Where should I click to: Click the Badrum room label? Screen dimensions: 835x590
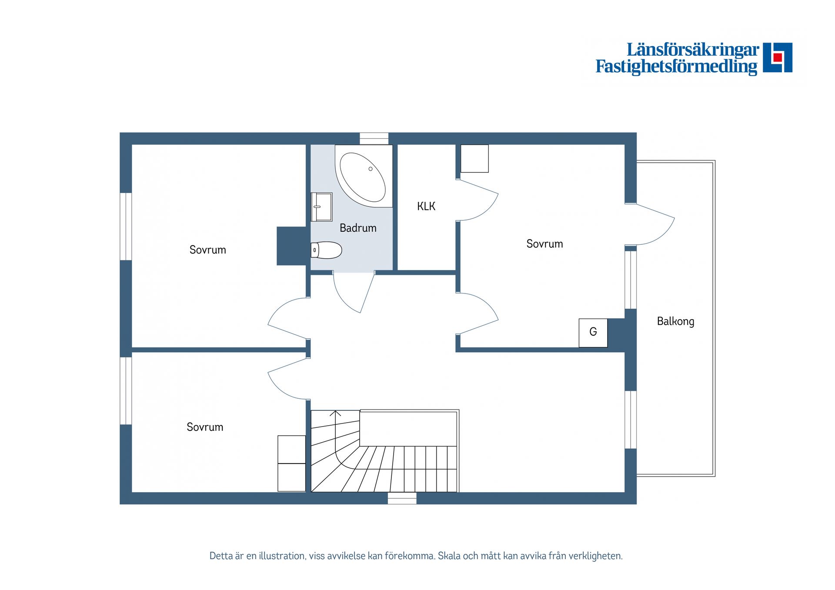coord(358,228)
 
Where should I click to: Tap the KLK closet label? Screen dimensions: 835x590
coord(426,206)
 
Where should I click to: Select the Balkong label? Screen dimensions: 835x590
coord(675,321)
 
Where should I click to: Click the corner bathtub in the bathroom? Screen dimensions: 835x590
coord(364,176)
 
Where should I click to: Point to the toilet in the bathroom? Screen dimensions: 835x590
coord(326,250)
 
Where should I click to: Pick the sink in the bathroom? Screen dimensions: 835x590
coord(321,207)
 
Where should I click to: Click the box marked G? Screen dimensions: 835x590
coord(593,333)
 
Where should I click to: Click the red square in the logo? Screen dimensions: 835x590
coord(778,57)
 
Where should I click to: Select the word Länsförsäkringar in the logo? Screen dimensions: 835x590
coord(693,50)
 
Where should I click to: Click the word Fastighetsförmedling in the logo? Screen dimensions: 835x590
coord(676,67)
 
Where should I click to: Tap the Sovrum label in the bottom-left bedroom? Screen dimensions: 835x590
coord(205,427)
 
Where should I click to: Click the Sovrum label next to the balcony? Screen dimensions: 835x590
coord(544,243)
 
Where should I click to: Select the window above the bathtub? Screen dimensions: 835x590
coord(374,139)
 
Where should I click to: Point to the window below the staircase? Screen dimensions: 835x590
coord(402,498)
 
